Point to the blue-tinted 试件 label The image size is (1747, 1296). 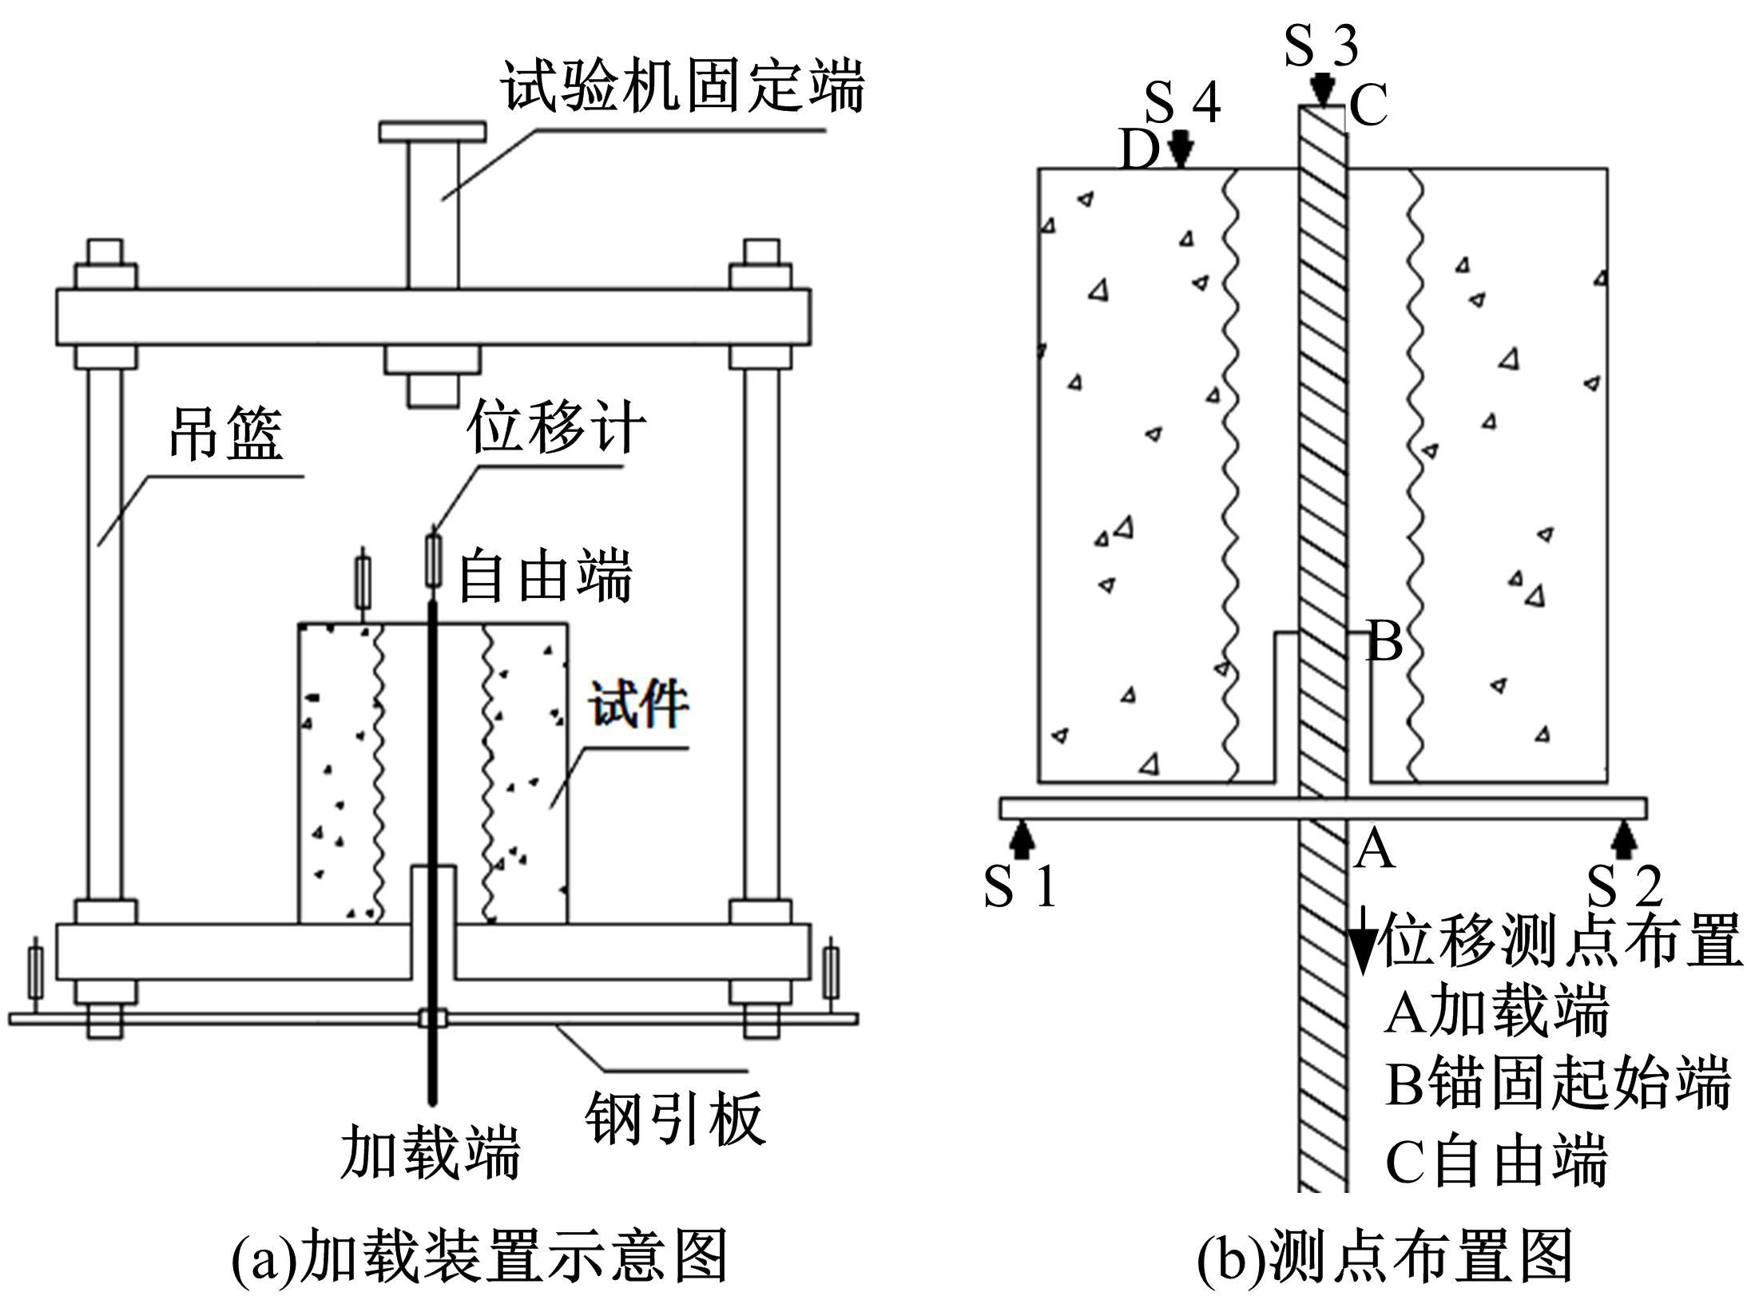point(639,703)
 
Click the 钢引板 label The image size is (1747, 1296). point(675,1118)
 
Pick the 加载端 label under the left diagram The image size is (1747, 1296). point(431,1152)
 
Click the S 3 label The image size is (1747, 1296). point(1321,45)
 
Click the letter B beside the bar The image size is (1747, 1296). point(1384,641)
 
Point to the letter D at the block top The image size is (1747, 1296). point(1139,150)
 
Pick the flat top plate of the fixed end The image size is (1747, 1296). point(432,132)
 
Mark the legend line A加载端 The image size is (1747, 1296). point(1496,1011)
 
